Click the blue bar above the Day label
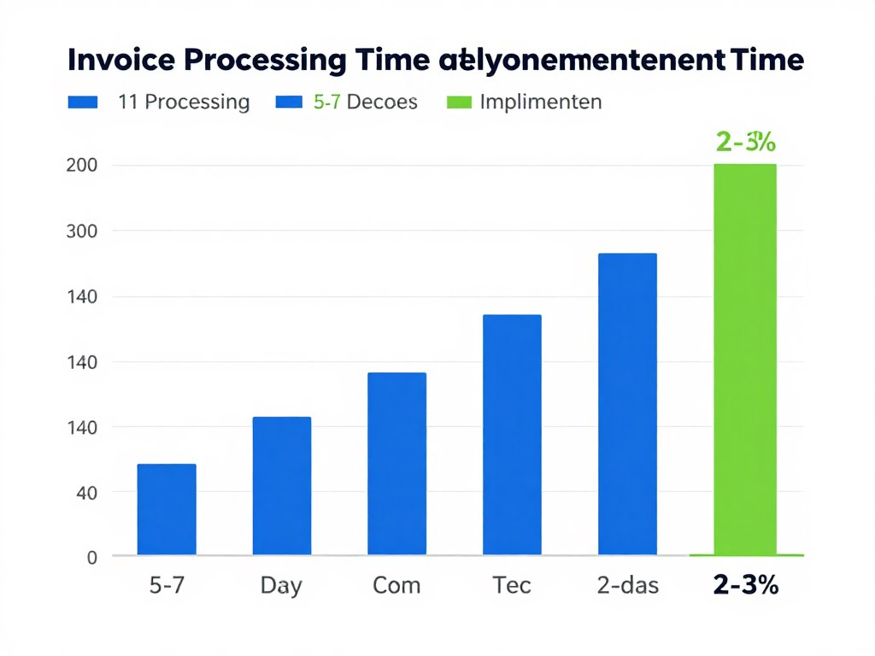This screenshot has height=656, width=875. coord(282,486)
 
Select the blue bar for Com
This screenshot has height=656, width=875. coord(396,464)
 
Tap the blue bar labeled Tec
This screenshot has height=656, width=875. coord(512,435)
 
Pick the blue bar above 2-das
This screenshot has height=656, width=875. coord(627,404)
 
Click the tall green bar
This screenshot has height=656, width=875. coord(745,359)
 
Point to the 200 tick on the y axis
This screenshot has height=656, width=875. coord(81,165)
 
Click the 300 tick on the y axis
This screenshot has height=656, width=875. coord(81,231)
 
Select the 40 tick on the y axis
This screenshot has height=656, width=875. coord(87,492)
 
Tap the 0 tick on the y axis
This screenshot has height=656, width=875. coord(92,557)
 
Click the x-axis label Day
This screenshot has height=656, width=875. coord(281,585)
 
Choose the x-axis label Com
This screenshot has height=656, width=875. coord(396,585)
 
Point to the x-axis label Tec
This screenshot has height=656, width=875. coord(512,585)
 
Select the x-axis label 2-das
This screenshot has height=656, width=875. coord(627,585)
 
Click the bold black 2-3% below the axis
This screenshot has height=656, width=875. coord(745,585)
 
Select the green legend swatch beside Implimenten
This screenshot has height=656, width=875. coord(460,102)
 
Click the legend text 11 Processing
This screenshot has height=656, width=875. coord(184,102)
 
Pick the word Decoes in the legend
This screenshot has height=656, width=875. coord(383,102)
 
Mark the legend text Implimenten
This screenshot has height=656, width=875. coord(541,102)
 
